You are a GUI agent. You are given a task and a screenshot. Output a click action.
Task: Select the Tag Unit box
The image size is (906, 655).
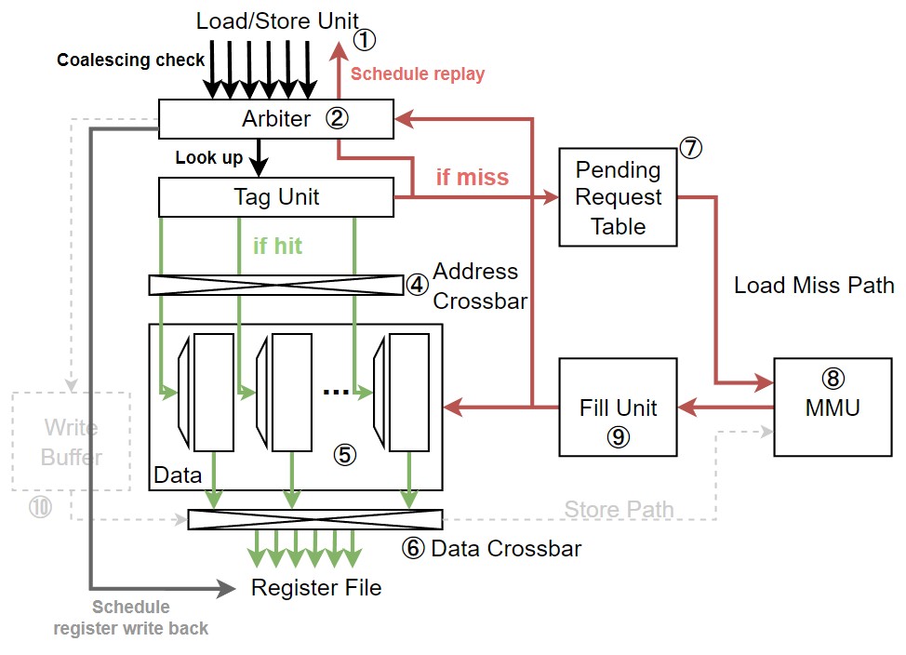275,197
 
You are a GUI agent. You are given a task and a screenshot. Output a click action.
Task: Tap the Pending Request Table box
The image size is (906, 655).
618,197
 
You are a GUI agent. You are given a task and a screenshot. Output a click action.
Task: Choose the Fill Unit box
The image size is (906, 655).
618,408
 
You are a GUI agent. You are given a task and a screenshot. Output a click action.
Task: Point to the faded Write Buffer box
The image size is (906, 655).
71,442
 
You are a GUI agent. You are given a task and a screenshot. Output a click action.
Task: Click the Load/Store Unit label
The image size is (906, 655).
277,20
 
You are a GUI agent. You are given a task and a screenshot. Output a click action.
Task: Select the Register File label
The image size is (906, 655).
316,588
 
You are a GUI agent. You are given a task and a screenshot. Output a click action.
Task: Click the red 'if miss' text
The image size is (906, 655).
472,177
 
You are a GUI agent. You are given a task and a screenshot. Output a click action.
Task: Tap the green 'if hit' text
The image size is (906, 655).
277,247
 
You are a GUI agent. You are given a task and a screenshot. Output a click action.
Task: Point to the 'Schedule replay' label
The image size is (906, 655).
418,74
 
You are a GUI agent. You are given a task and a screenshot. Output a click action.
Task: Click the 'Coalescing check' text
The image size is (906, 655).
130,60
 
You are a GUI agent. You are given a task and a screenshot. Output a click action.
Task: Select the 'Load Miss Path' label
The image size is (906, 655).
814,286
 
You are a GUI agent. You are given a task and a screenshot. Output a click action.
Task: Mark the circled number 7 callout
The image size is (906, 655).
690,147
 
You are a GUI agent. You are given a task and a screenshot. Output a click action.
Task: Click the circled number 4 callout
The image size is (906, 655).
417,283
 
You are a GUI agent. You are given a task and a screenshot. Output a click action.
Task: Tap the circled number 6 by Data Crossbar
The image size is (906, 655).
413,548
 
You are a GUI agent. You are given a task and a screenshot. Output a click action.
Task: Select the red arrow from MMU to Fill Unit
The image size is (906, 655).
726,408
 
